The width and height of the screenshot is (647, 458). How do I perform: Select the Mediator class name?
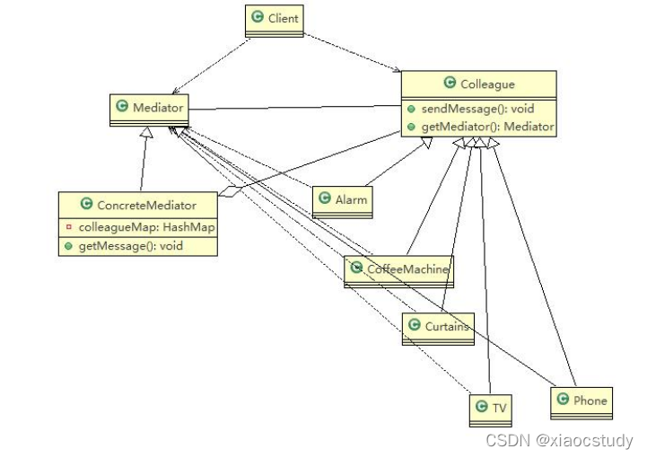[158, 108]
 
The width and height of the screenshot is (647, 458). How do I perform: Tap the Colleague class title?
[487, 84]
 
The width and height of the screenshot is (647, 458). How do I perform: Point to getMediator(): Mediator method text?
[485, 127]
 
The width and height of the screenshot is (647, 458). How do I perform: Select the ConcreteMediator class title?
[145, 206]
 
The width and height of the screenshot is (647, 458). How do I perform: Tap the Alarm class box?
[342, 200]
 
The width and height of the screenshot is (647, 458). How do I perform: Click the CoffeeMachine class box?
[397, 269]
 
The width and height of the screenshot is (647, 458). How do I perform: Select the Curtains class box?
[437, 327]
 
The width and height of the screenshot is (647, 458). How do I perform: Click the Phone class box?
[581, 401]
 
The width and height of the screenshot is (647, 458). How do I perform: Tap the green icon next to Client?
[258, 18]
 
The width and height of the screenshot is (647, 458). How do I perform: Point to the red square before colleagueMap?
[68, 227]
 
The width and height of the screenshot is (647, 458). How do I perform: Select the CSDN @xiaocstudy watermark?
[559, 441]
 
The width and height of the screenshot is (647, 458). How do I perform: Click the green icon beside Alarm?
[325, 199]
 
